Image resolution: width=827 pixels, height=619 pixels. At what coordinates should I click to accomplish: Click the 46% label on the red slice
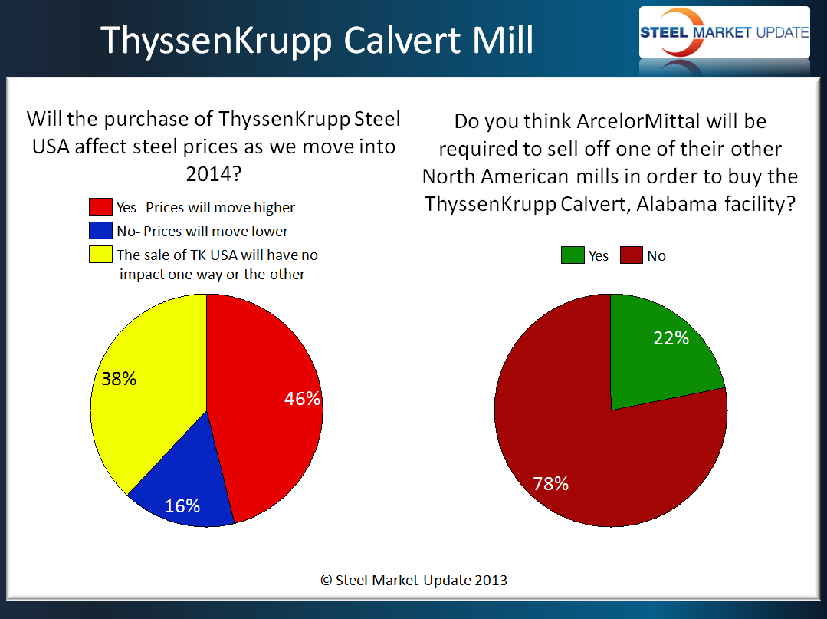point(302,398)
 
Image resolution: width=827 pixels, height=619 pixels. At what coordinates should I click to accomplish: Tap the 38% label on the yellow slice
point(119,378)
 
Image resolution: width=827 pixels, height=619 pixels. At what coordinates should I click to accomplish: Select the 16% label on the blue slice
point(182,506)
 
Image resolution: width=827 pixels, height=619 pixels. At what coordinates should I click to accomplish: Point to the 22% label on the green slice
point(671,337)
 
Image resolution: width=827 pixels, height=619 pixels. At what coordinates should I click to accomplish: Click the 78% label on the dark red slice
point(550,483)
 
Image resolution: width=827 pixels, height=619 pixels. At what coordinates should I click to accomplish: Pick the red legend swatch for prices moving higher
point(100,207)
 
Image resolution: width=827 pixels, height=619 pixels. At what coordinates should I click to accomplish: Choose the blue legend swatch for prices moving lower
point(100,231)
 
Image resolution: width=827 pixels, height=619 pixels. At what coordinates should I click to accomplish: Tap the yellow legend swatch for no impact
point(100,255)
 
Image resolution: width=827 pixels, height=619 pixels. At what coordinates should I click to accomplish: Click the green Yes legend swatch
point(573,255)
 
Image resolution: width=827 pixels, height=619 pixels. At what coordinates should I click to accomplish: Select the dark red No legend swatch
point(632,255)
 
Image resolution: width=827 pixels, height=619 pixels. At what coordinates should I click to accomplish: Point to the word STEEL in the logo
point(664,33)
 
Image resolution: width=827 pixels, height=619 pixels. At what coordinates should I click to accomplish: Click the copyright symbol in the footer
point(327,581)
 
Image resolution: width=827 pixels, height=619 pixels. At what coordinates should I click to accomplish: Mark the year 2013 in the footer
point(491,581)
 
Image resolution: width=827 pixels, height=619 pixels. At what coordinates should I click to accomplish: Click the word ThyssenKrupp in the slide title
point(216,41)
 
